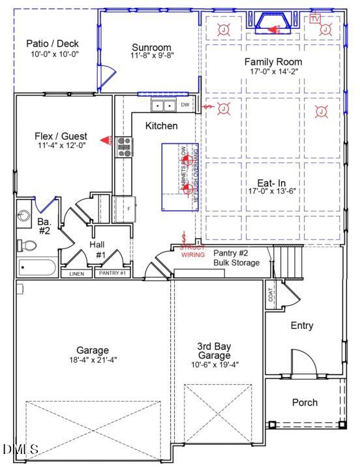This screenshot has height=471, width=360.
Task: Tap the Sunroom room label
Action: point(151,48)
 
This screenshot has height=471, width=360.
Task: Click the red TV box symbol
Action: point(316,19)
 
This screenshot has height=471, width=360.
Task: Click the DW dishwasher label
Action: point(185,104)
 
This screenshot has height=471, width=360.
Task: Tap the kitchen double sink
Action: point(163,106)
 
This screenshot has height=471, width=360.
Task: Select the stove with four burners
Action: point(123,147)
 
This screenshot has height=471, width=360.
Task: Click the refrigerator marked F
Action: point(123,209)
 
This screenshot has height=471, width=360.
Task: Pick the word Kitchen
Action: point(161,125)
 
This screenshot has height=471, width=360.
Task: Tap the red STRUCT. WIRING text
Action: point(193,251)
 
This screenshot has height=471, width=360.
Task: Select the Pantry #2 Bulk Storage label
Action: point(236,258)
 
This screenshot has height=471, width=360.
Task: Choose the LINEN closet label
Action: point(77,274)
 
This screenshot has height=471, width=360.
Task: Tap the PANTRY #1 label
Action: point(112,274)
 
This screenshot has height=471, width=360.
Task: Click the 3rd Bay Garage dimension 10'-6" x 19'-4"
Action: point(214,365)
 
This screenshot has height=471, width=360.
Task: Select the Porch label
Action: point(305,403)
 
